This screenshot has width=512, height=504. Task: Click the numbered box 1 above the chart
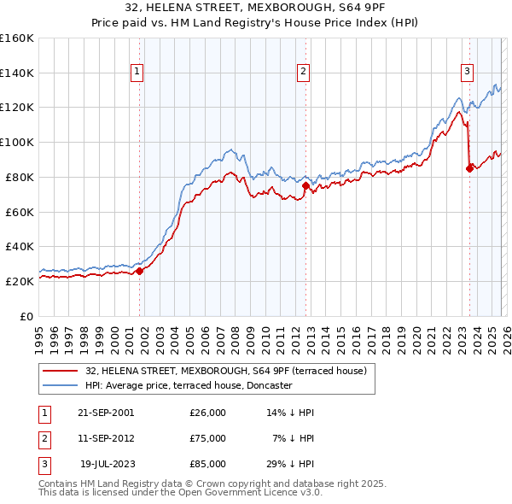137,73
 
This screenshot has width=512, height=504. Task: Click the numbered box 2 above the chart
302,73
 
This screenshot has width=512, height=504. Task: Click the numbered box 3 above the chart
467,73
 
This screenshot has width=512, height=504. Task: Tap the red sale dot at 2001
140,271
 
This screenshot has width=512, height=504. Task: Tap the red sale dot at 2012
305,185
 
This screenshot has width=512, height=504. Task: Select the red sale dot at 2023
469,168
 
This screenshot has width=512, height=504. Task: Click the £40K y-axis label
20,246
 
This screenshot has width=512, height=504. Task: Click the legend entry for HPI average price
188,385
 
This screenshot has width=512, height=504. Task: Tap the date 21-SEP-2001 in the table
106,413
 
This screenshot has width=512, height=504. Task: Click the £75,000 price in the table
208,438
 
